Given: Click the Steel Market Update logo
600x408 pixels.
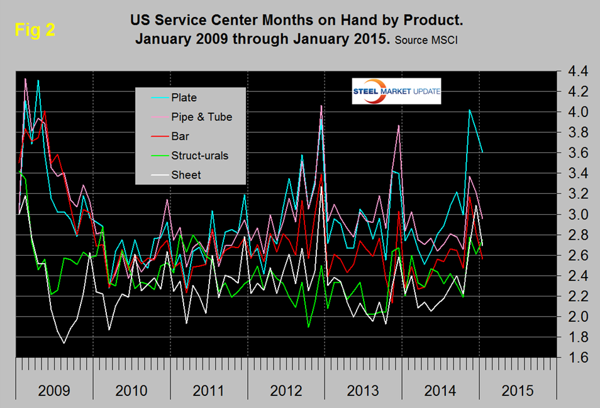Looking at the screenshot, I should tap(396, 93).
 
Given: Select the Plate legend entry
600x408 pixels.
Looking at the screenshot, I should tap(184, 98).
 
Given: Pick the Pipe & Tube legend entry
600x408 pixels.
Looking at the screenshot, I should tap(201, 116).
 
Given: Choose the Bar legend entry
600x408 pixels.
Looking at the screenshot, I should tap(181, 135).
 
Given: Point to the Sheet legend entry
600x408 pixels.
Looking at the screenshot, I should tap(186, 174).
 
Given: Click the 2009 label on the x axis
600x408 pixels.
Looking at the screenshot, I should tap(54, 390).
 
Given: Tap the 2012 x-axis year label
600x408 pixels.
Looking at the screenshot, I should tap(286, 390).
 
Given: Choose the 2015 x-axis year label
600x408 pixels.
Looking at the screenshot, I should tap(518, 390).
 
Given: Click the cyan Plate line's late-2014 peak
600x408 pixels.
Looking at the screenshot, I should tap(469, 110).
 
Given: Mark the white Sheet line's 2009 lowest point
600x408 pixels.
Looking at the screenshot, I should tap(64, 343).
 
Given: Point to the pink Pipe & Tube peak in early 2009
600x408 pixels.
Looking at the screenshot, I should tap(25, 79).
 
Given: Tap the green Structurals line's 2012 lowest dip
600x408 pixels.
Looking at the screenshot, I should tap(309, 327).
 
